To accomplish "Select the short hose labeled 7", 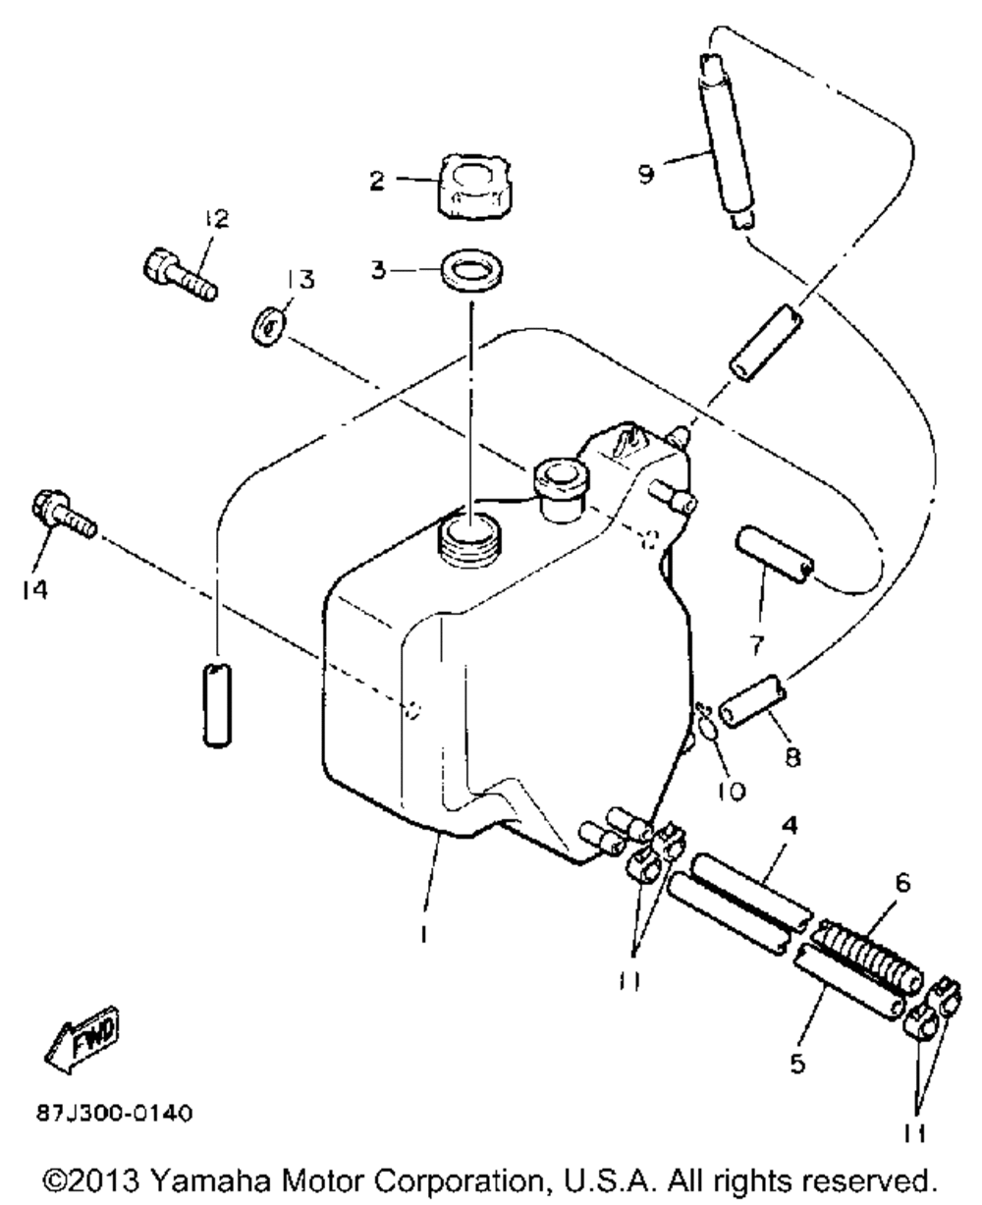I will coord(776,554).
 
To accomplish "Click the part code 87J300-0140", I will coord(114,1115).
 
